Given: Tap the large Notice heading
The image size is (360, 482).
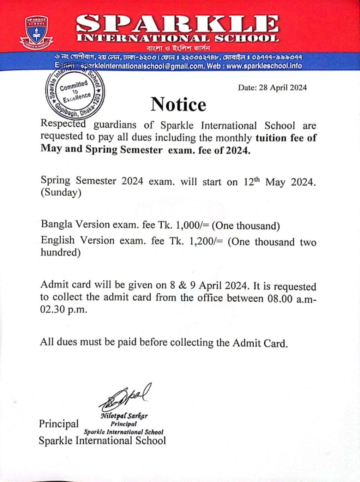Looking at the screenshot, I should (179, 105).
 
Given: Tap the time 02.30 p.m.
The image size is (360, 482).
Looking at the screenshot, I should (59, 310).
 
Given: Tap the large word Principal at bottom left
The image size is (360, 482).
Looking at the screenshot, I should (59, 424).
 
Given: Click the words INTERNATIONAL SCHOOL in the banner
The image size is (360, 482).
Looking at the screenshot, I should (179, 39).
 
